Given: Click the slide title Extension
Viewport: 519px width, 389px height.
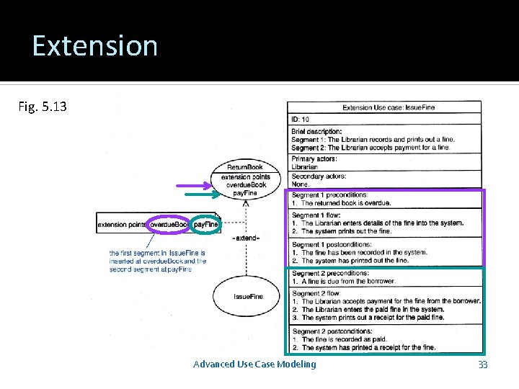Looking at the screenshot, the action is coord(94,46).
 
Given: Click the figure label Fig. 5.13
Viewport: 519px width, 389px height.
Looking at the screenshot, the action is coord(43,107).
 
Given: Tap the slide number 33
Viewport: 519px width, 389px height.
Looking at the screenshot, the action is coord(482,365).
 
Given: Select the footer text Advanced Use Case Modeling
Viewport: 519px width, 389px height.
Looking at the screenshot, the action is coord(254,364).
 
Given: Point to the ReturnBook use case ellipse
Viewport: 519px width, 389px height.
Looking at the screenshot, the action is coord(244,180).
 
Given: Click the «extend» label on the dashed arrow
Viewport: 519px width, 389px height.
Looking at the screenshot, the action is coord(246,237).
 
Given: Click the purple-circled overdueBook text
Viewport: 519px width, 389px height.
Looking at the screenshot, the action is coord(169,225).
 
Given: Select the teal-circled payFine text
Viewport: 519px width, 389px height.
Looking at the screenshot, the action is coord(206,225).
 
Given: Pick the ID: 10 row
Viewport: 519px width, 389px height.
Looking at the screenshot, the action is coord(301,119).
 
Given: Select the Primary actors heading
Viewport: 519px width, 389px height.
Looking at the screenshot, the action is coord(314,158).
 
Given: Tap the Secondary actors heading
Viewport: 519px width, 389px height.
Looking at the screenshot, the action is coord(319,176).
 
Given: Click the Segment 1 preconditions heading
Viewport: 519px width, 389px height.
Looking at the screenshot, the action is coord(329,194).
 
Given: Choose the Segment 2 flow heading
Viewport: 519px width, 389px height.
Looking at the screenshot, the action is coord(315,293).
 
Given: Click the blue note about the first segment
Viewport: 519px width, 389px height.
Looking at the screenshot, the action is coord(157,261).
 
